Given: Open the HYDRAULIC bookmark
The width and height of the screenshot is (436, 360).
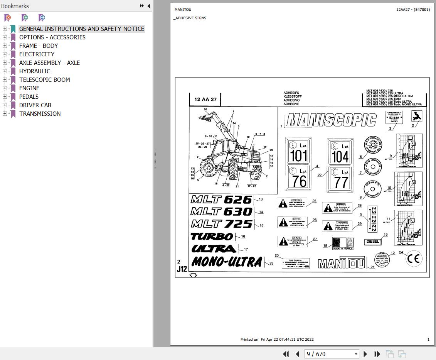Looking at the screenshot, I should tap(35, 71).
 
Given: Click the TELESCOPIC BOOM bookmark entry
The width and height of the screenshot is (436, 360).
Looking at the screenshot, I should tap(45, 80).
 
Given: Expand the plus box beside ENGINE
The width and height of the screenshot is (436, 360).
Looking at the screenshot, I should tap(5, 88).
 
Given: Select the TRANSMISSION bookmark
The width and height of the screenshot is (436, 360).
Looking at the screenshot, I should tap(40, 114).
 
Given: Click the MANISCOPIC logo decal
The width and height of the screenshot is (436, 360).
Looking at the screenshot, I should tap(331, 120).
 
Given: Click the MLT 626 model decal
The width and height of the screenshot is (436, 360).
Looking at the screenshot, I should tap(221, 199).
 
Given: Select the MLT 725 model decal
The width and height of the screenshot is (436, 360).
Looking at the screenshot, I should tap(221, 224).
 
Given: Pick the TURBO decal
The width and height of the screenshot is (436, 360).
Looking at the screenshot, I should tap(212, 236).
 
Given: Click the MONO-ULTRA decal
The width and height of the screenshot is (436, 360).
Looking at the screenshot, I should tap(227, 262).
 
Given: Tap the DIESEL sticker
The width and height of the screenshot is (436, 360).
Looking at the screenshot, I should tap(373, 242).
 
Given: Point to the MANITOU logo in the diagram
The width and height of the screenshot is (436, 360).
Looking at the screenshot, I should tap(342, 264).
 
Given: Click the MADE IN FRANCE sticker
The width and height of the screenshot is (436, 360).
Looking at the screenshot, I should tap(343, 243).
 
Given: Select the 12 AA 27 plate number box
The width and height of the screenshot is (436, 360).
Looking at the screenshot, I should tap(205, 100).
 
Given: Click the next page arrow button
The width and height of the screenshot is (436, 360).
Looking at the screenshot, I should tap(365, 354).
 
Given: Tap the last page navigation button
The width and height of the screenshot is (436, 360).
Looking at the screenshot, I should tap(377, 354).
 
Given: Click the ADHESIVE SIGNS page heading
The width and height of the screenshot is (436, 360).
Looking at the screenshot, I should tap(191, 18).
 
